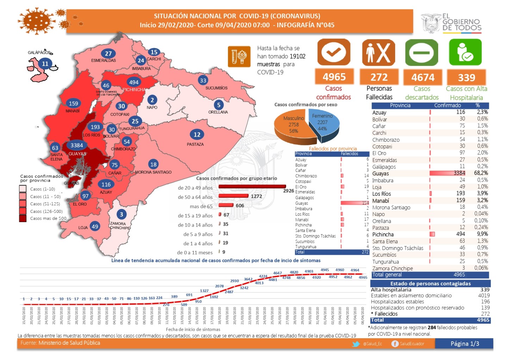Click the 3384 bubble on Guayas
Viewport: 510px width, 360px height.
(x=76, y=145)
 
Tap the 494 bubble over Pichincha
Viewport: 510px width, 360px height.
(x=134, y=82)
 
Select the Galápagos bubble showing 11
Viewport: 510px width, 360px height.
(x=45, y=64)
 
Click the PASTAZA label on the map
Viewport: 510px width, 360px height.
(x=195, y=144)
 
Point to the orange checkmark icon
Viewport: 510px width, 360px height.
(x=334, y=53)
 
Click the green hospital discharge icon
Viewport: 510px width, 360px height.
(x=465, y=52)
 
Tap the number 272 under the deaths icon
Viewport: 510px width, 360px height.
(x=379, y=77)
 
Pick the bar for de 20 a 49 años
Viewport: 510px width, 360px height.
(x=252, y=187)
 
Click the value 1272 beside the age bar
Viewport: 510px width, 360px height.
(x=256, y=196)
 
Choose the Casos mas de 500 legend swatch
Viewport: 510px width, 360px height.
(x=23, y=219)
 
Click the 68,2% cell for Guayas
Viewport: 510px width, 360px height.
(x=481, y=173)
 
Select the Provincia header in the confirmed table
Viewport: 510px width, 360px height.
(x=400, y=105)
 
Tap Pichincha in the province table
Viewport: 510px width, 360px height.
(x=383, y=234)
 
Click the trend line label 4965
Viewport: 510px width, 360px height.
(x=363, y=277)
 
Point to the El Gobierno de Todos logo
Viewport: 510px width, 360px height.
(x=452, y=23)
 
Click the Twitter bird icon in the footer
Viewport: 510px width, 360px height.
(x=356, y=344)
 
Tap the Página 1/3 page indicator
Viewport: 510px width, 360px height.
(x=465, y=343)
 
